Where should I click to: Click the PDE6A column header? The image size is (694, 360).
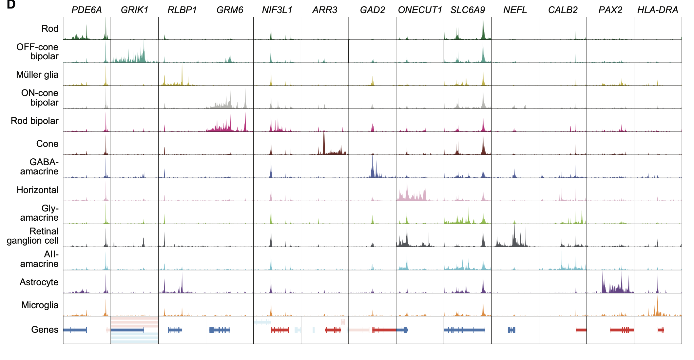point(87,10)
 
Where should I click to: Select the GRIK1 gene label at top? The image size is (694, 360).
point(134,10)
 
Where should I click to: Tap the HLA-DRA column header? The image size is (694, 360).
point(657,10)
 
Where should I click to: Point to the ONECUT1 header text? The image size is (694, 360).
point(420,10)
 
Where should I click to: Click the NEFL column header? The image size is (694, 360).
point(515,10)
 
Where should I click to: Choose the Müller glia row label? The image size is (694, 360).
point(37,75)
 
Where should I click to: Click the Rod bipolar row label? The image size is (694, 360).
point(34,121)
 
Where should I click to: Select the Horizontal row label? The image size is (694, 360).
point(37,190)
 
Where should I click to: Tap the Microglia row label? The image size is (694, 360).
point(40,305)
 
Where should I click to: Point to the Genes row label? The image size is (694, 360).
point(45,330)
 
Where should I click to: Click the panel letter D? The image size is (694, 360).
point(11,5)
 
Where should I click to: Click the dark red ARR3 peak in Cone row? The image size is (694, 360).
point(324,144)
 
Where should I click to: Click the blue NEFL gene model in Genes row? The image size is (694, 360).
point(511,330)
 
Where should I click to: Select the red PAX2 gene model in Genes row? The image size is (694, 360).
point(622,330)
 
